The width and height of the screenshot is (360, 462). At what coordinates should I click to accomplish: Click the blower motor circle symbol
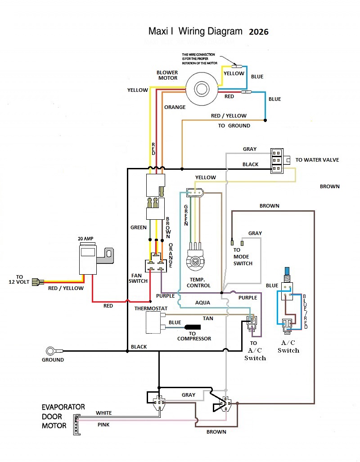coord(202,89)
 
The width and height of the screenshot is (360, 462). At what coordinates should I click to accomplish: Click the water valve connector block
coord(277,161)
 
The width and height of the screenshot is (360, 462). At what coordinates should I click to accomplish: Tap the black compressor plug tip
coord(193,327)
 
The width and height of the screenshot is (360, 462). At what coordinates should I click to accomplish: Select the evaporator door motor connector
coord(77,424)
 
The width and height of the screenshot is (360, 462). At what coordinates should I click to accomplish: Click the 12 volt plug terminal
coord(38,282)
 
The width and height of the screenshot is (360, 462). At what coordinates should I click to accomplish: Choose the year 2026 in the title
coord(259,32)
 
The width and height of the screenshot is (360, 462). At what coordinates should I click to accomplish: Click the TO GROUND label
coord(234,126)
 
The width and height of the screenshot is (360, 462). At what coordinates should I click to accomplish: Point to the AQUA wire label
coord(203,303)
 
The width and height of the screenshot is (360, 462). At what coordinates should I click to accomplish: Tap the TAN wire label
coord(208,318)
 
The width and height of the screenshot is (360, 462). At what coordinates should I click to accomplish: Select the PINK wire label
coord(103,425)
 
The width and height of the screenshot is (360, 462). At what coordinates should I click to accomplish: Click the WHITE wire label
coord(104,413)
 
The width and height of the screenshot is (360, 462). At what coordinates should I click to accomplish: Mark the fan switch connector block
coord(156,266)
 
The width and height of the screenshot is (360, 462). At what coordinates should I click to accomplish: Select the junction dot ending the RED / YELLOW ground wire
coord(265,120)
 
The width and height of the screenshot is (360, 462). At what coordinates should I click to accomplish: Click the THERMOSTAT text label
coord(151,308)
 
